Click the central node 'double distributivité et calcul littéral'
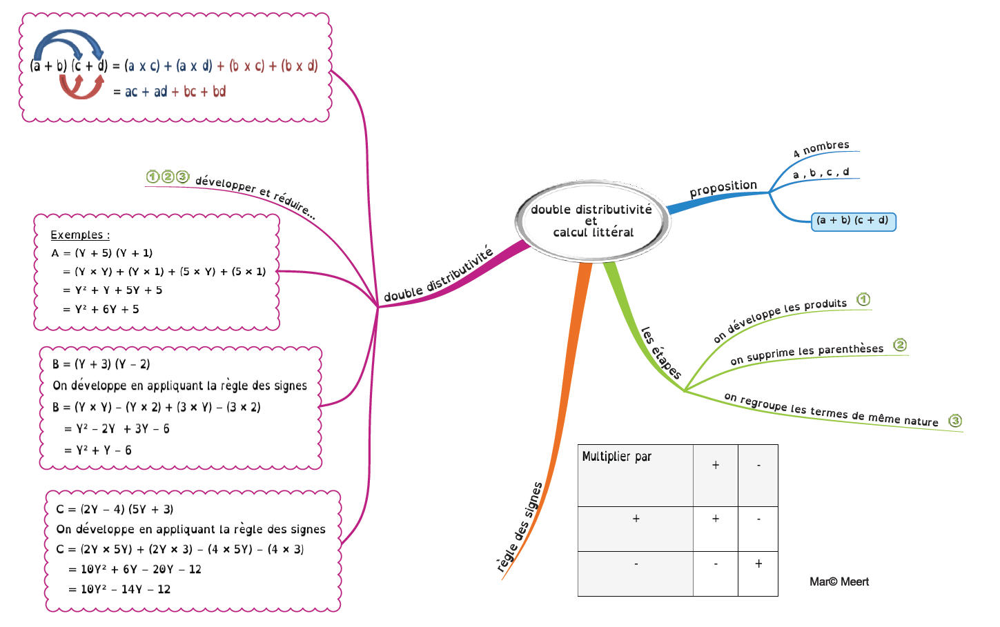pos(592,220)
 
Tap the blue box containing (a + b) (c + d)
pos(853,221)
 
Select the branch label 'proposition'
pos(723,188)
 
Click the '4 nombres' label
pos(821,148)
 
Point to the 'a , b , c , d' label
pos(821,173)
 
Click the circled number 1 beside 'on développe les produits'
pos(863,299)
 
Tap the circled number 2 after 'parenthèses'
pos(900,345)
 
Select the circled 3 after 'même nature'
pos(955,421)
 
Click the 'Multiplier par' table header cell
pos(616,457)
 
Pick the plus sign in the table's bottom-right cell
pos(758,564)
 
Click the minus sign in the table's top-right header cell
pos(758,466)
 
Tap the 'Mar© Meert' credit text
pos(839,581)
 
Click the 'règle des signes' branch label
pos(520,528)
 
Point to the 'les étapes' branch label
pos(660,353)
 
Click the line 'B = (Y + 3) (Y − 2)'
pos(101,364)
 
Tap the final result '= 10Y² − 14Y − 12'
pos(119,589)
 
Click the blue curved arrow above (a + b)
pos(68,43)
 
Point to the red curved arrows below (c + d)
pos(81,88)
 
